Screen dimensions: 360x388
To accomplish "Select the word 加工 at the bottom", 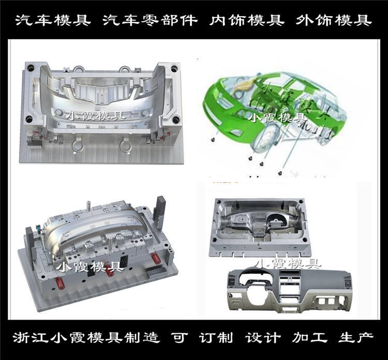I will click(312, 339).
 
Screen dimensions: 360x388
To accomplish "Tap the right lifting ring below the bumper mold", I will click(126, 146).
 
